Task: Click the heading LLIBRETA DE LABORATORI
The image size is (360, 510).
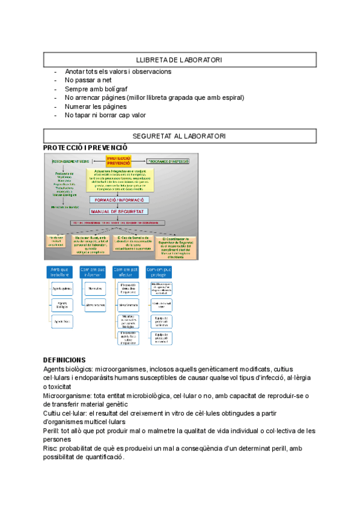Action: [179, 60]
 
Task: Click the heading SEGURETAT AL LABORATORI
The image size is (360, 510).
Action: [179, 137]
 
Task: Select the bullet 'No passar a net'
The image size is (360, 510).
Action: [88, 80]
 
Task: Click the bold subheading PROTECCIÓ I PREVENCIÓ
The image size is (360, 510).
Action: [86, 147]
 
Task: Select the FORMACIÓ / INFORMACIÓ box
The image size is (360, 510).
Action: [120, 200]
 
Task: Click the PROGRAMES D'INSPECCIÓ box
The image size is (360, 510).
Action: [168, 161]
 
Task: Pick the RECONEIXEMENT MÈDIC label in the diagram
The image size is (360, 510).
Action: [70, 161]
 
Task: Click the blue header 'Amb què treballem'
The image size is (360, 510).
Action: [62, 272]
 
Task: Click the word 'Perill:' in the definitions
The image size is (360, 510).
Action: [53, 431]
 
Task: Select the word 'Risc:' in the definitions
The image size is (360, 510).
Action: [52, 449]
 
